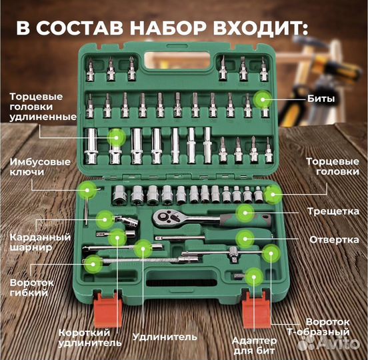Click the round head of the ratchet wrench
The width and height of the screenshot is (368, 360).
click(161, 217)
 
